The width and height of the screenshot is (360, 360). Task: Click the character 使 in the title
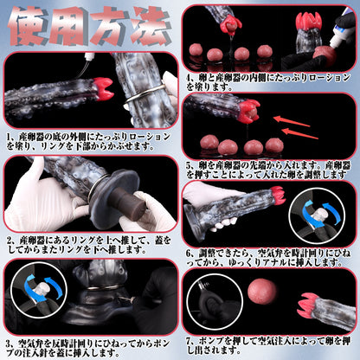click(x=31, y=26)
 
